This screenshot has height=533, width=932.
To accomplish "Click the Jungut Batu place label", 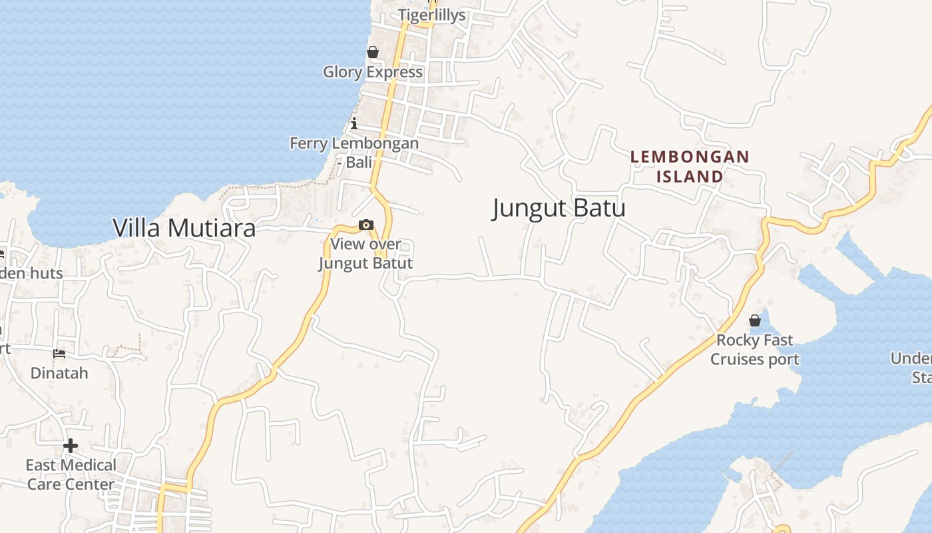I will pyautogui.click(x=559, y=208).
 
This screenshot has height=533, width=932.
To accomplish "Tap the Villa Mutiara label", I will pyautogui.click(x=184, y=228).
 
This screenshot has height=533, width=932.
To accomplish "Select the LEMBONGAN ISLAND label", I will pyautogui.click(x=690, y=167).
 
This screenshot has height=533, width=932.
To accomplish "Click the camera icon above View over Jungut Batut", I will pyautogui.click(x=365, y=225).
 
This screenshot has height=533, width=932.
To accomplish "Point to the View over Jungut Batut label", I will pyautogui.click(x=365, y=254).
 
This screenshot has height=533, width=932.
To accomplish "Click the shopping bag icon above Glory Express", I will pyautogui.click(x=373, y=52).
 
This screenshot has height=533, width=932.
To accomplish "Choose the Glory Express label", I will pyautogui.click(x=373, y=72).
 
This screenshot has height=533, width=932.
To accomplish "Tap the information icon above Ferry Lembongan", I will pyautogui.click(x=354, y=123).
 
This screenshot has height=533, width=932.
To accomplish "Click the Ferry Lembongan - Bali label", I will pyautogui.click(x=354, y=153).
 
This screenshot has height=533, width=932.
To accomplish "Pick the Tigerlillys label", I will pyautogui.click(x=432, y=15).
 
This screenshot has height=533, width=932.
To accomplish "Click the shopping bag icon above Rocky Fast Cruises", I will pyautogui.click(x=755, y=320).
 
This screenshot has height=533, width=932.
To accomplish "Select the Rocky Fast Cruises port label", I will pyautogui.click(x=755, y=350).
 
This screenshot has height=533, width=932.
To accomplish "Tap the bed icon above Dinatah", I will pyautogui.click(x=59, y=353).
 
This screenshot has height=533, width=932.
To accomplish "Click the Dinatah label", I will pyautogui.click(x=59, y=372).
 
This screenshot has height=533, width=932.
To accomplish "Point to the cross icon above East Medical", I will pyautogui.click(x=71, y=445).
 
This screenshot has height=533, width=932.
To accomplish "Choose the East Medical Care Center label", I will pyautogui.click(x=71, y=474).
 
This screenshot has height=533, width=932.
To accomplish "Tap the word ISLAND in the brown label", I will pyautogui.click(x=690, y=177).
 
